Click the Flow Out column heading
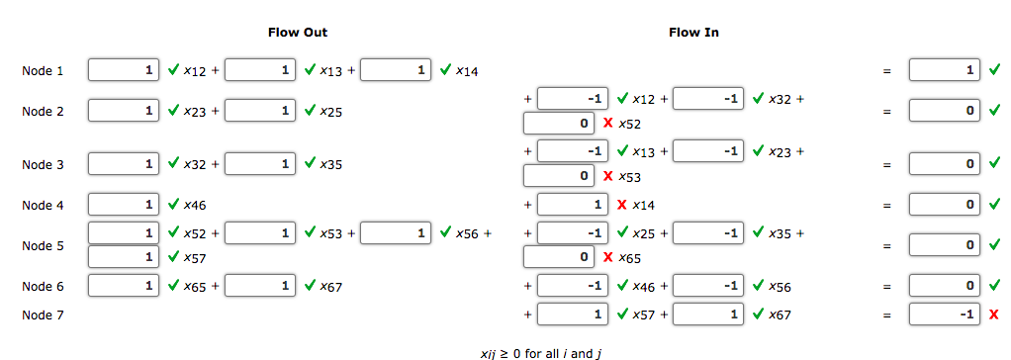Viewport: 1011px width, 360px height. click(298, 33)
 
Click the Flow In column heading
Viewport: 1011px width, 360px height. click(693, 33)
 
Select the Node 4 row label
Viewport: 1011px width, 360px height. click(43, 206)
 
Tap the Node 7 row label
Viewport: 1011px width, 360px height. click(43, 315)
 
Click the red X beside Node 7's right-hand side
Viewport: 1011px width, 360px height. click(993, 315)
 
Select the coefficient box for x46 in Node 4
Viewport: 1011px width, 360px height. click(124, 205)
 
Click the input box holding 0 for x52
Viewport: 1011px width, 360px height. click(559, 125)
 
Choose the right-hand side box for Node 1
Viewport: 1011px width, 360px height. click(945, 70)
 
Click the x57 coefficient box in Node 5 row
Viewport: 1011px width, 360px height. click(124, 257)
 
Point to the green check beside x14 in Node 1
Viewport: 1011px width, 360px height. click(445, 70)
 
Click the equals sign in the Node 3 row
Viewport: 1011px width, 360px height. click(887, 163)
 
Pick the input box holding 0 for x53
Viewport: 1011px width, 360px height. click(559, 177)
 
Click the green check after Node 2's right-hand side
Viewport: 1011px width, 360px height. click(993, 111)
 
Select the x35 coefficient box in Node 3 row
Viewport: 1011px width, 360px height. click(258, 163)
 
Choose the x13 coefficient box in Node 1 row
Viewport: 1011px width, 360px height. click(258, 70)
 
